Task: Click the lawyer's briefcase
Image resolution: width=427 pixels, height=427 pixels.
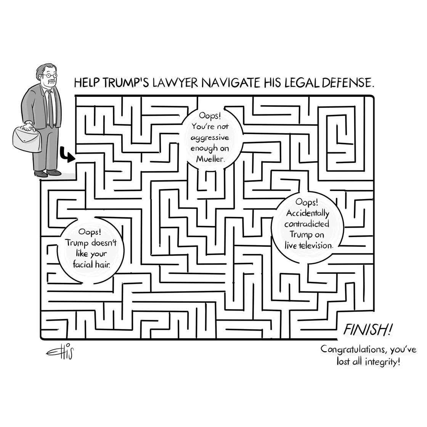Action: [27, 138]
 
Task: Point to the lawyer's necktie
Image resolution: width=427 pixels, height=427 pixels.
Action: [51, 109]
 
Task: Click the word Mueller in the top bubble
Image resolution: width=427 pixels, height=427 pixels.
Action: [210, 159]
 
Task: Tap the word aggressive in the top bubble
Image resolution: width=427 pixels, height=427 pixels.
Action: [210, 138]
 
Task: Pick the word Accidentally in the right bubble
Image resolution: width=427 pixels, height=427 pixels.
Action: [307, 213]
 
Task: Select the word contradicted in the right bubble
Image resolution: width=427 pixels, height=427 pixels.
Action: [307, 224]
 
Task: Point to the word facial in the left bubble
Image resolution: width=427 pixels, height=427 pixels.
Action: [83, 264]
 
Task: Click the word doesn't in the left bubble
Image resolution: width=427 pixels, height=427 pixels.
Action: [104, 242]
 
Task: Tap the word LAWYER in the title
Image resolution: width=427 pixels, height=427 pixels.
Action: [175, 82]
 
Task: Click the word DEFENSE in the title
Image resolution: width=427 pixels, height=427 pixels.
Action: [347, 82]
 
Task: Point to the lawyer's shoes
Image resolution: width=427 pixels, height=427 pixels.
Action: [47, 173]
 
